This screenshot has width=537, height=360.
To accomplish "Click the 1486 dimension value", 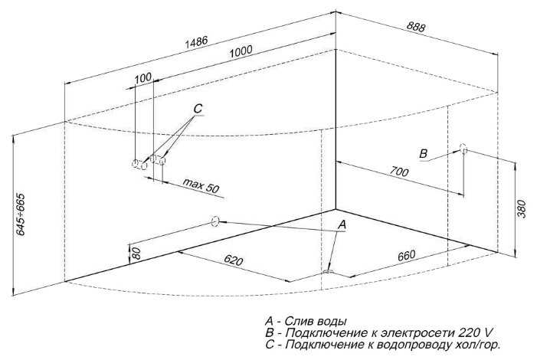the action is [197, 41].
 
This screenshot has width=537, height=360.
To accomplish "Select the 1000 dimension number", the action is [241, 51].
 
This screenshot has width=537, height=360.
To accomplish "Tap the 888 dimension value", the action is [416, 26].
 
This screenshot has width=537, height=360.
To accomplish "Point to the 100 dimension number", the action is [143, 78].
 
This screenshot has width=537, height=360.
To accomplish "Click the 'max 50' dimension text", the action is [201, 185].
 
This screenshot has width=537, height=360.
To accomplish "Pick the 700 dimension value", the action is [399, 171].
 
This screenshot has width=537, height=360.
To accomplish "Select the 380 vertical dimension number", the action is [521, 208].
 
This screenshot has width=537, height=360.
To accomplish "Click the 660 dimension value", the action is [407, 256].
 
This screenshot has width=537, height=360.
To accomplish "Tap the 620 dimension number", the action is [233, 260].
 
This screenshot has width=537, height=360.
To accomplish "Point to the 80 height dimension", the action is [136, 254].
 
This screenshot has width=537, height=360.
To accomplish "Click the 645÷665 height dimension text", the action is [21, 214].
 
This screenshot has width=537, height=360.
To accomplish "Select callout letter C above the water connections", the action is [198, 109].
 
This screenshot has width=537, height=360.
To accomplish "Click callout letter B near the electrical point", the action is [424, 153].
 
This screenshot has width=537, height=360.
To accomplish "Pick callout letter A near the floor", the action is [342, 225].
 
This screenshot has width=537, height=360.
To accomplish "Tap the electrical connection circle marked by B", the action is [463, 149].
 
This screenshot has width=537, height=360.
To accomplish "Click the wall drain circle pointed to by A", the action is [215, 221].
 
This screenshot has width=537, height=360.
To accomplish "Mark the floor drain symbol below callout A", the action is [328, 273].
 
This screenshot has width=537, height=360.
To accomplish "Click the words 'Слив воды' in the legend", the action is [316, 321].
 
